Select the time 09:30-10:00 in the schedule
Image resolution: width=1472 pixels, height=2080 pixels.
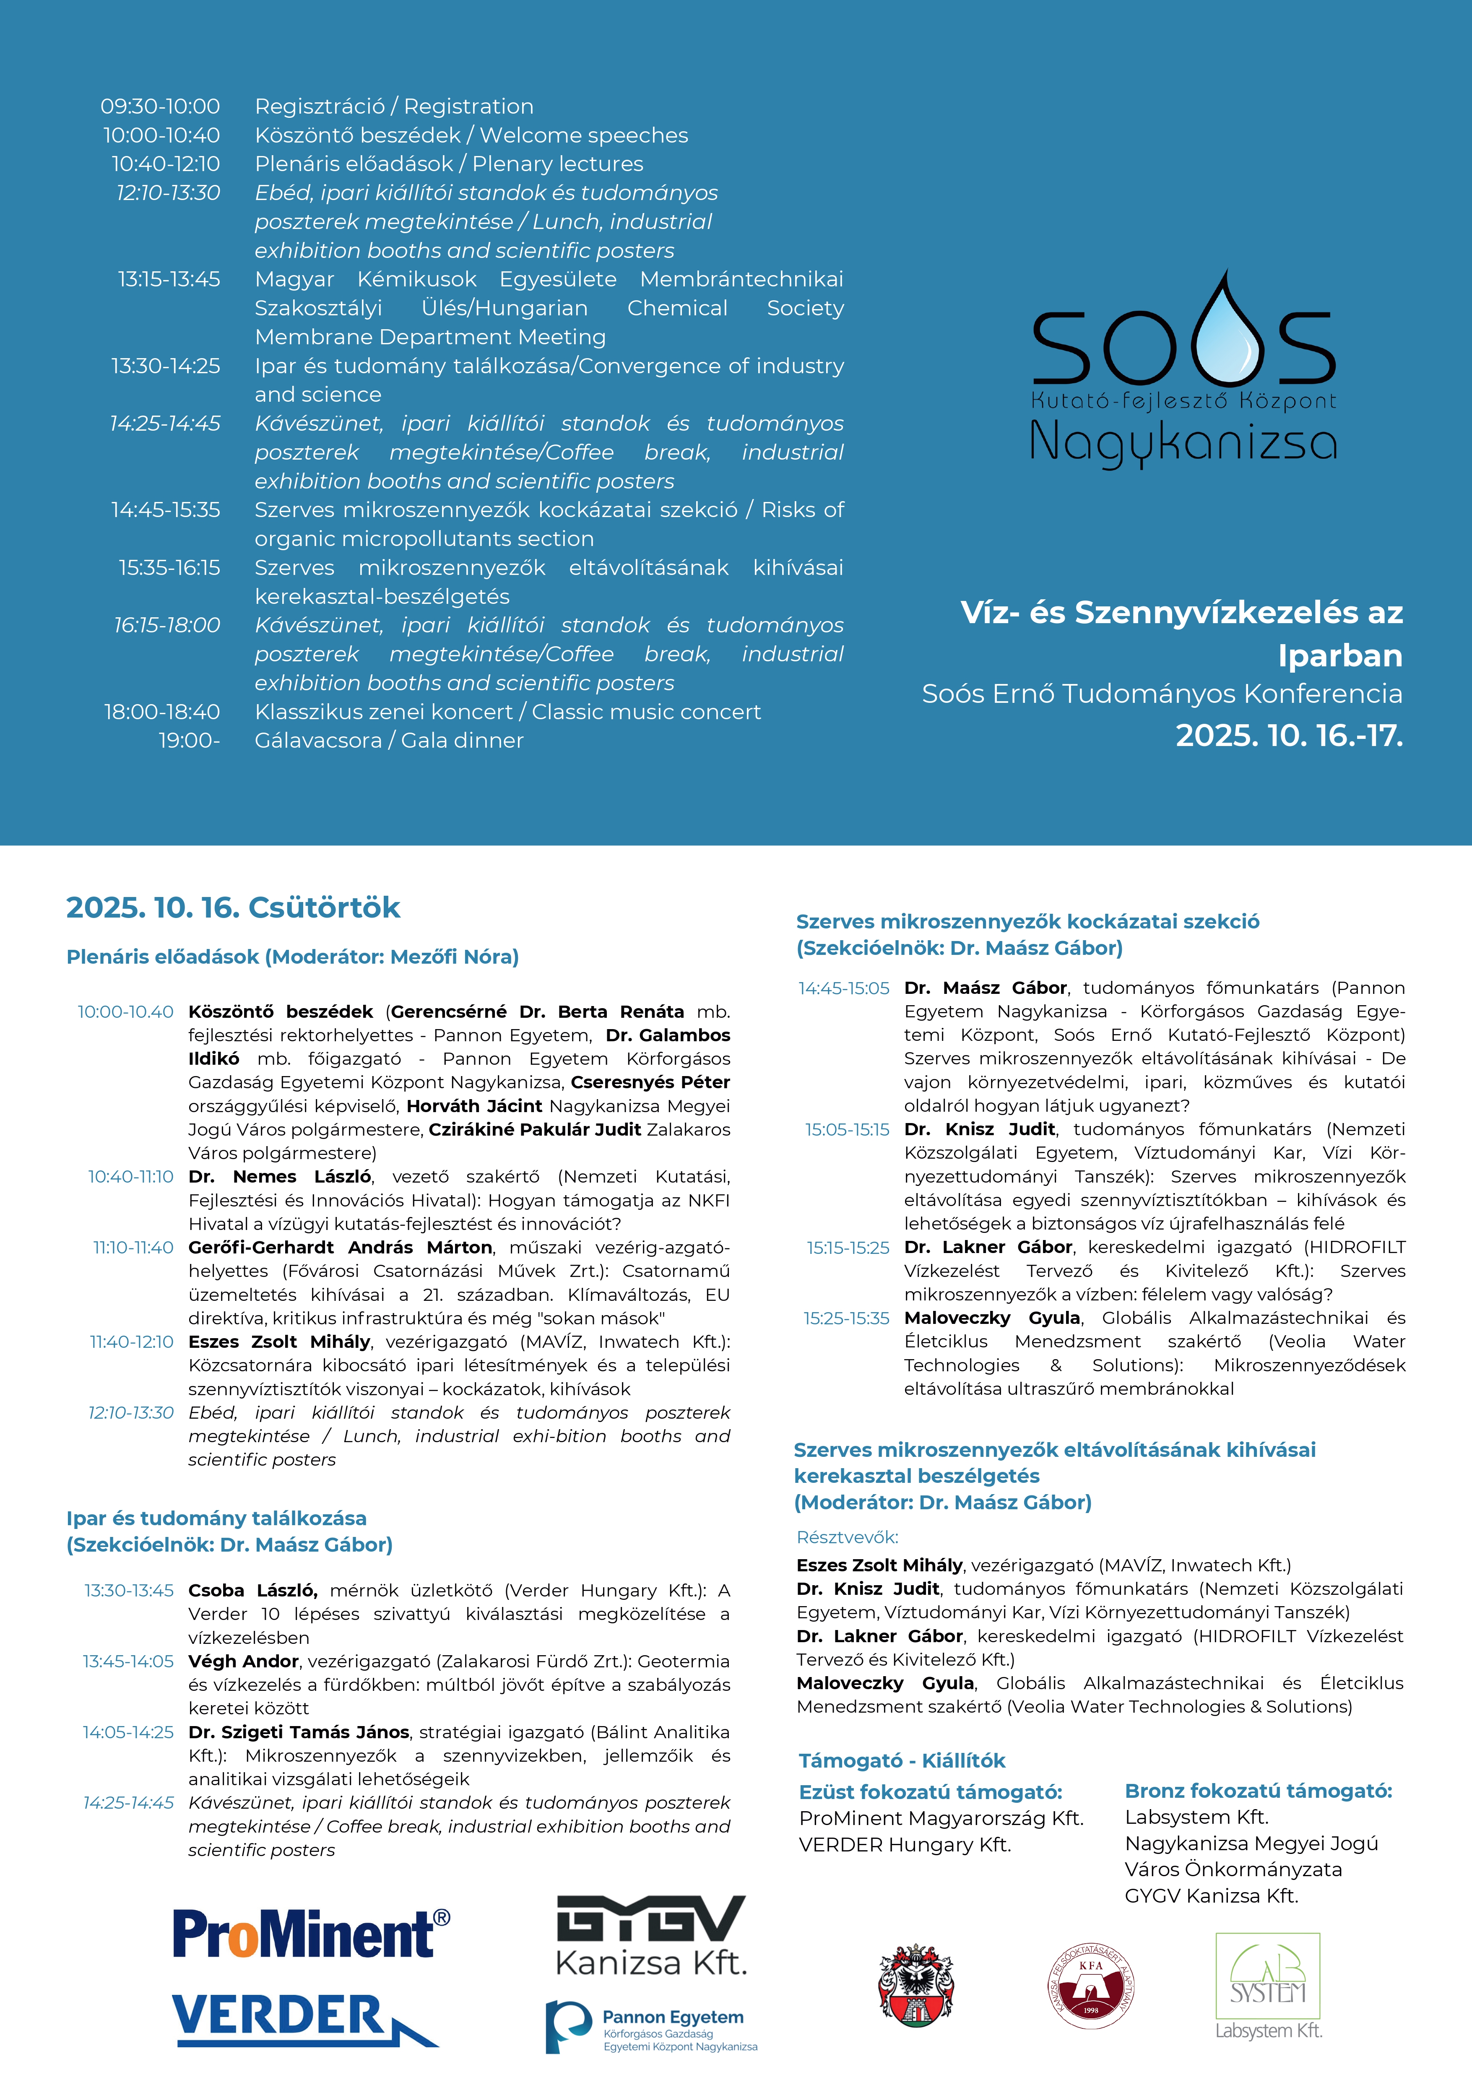pos(161,106)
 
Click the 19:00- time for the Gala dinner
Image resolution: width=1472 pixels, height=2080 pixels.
pos(190,741)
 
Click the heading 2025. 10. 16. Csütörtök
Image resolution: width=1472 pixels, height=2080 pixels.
pos(233,907)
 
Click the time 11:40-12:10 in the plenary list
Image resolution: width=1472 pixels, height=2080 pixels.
pos(131,1342)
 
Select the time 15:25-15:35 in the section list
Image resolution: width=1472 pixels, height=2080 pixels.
pos(847,1318)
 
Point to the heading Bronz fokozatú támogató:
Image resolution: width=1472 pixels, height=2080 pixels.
pos(1258,1791)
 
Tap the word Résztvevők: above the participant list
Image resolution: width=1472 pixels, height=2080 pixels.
pos(848,1537)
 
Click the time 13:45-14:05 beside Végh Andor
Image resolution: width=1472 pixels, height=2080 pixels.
pos(129,1661)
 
